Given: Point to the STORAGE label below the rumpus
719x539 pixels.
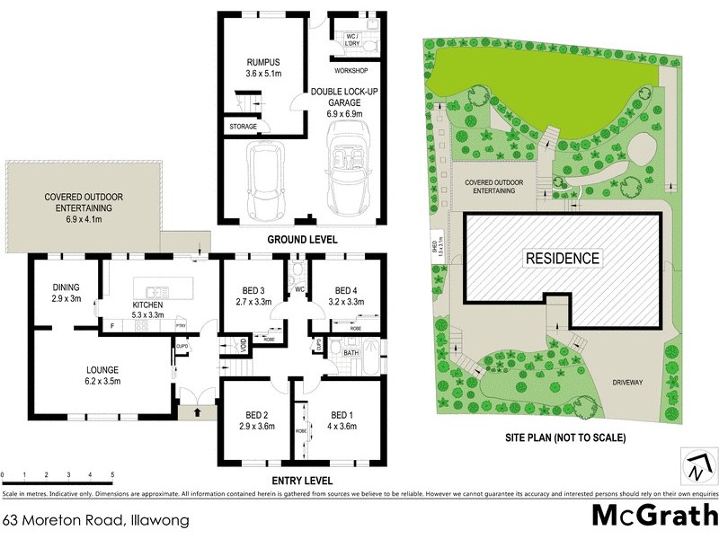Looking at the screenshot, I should [243, 127].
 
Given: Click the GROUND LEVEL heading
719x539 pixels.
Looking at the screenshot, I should [302, 240].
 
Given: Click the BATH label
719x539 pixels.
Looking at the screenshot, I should [351, 354].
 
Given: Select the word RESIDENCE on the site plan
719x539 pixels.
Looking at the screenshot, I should [562, 259].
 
